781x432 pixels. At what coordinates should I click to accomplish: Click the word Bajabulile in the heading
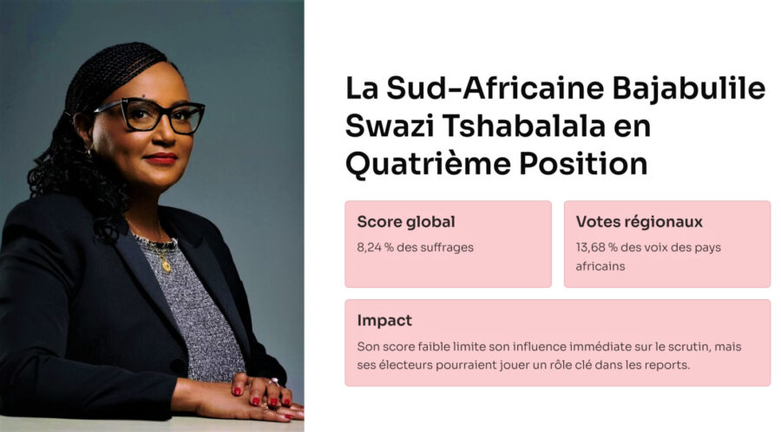click(x=688, y=89)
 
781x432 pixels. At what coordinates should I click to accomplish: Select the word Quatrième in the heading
click(x=428, y=164)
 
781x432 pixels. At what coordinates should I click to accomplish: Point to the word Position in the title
click(x=583, y=164)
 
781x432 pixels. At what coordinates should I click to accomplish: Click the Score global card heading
click(x=406, y=221)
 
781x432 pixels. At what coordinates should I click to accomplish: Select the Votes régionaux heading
click(x=639, y=221)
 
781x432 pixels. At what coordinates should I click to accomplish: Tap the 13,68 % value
click(x=596, y=247)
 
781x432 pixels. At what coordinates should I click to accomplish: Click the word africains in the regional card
click(x=601, y=266)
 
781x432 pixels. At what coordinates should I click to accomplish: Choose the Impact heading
click(x=384, y=320)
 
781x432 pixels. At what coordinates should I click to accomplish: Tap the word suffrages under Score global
click(x=447, y=248)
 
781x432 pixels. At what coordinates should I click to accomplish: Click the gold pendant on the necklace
click(x=167, y=265)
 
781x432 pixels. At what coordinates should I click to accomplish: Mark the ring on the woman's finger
click(x=273, y=383)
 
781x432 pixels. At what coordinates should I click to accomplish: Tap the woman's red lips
click(x=161, y=158)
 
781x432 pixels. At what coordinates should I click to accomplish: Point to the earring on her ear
click(x=89, y=151)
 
